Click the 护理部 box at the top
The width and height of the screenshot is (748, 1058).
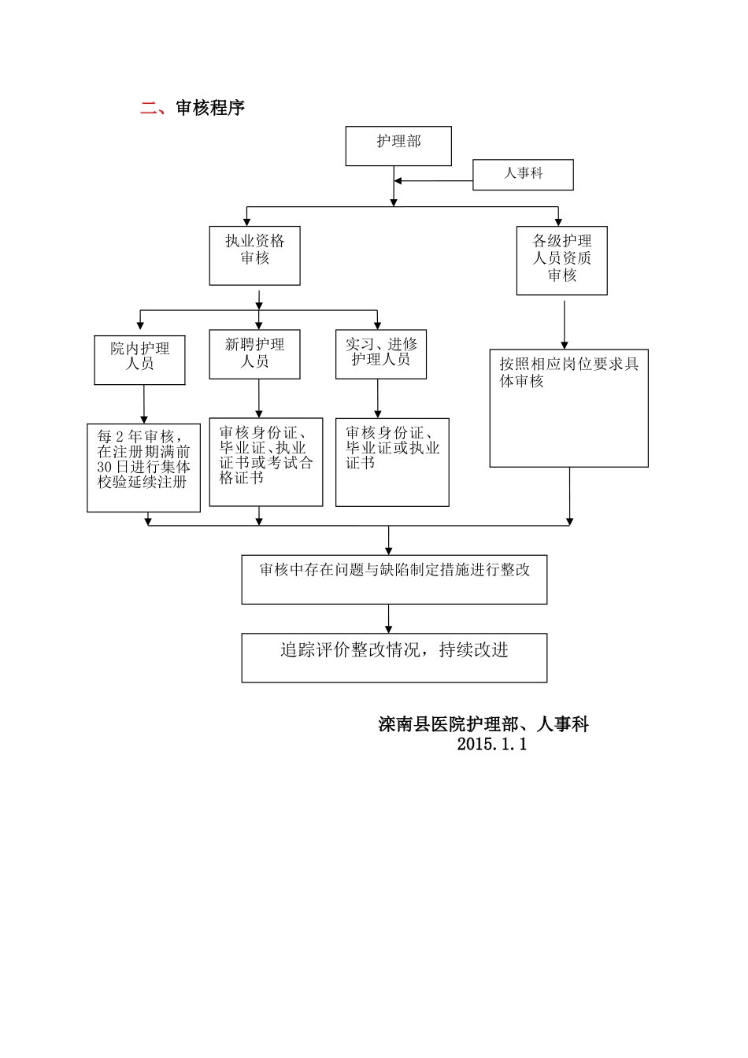click(398, 146)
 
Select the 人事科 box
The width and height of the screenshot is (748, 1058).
click(523, 175)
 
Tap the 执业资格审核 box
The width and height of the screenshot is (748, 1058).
click(254, 255)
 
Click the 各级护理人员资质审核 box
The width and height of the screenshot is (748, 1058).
click(561, 261)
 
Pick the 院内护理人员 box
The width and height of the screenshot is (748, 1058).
click(139, 360)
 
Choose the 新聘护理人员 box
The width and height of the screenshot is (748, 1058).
click(254, 353)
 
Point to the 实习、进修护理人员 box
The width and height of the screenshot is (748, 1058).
click(381, 353)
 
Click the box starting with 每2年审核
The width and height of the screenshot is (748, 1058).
click(143, 468)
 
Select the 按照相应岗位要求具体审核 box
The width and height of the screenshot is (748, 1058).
click(568, 408)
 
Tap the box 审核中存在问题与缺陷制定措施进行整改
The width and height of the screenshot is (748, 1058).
click(394, 579)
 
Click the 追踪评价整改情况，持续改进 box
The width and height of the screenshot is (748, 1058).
click(394, 657)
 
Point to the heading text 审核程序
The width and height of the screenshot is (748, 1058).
click(210, 109)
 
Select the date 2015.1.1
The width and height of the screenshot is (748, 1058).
click(491, 744)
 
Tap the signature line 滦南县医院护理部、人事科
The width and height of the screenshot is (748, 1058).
click(483, 724)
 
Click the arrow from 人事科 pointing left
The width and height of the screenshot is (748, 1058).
click(433, 182)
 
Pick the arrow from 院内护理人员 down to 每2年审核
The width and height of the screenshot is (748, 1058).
click(144, 405)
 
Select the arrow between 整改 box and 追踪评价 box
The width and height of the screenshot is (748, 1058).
click(388, 618)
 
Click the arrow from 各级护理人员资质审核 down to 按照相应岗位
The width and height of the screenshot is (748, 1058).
click(565, 322)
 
